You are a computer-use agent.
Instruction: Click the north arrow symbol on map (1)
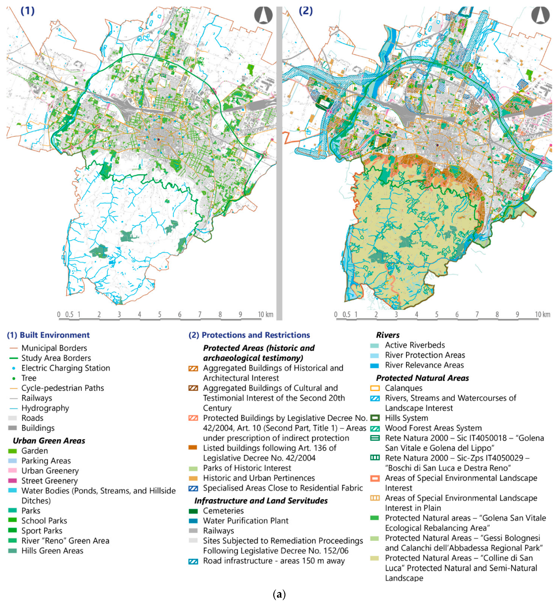pos(263,15)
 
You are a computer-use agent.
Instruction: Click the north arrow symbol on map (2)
pos(540,15)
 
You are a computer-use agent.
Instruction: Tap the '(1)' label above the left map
pos(27,11)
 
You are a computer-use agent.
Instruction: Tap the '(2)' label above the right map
pos(305,11)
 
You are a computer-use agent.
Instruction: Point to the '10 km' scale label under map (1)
pos(265,314)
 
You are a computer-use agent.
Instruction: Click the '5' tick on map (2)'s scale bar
pos(436,314)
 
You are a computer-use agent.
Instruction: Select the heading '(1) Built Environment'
pos(48,335)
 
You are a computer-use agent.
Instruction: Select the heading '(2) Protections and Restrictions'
pos(249,335)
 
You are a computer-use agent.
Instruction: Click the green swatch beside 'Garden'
pos(13,451)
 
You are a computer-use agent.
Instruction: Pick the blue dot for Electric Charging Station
pos(14,368)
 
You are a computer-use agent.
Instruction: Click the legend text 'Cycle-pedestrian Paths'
pos(63,388)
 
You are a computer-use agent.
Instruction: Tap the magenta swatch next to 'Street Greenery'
pos(13,480)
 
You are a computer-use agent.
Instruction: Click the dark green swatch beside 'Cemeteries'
pos(193,511)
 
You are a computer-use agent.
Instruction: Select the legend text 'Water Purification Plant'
pos(245,521)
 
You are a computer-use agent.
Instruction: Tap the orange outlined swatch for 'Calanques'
pos(375,388)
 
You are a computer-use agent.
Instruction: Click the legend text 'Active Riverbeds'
pos(415,345)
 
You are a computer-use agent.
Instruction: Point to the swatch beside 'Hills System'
pos(375,418)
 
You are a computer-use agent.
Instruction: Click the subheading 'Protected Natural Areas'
pos(422,378)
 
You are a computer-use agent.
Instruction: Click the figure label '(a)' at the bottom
pos(279,594)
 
